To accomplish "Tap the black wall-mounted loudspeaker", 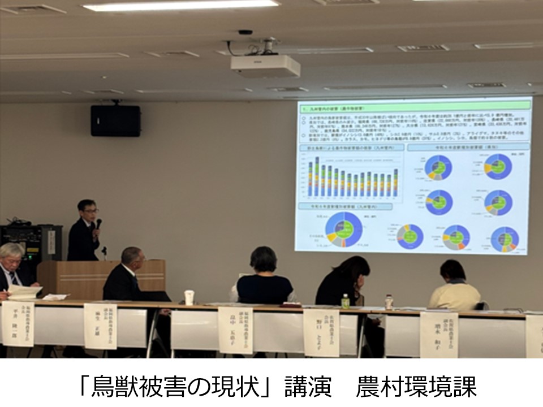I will pyautogui.click(x=115, y=120).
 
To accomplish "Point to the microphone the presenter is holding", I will pyautogui.click(x=98, y=224).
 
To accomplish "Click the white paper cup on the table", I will pyautogui.click(x=189, y=297).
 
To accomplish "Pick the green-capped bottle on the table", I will pyautogui.click(x=345, y=301).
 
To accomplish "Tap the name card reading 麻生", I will pyautogui.click(x=100, y=326).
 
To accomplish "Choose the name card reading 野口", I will pyautogui.click(x=321, y=332).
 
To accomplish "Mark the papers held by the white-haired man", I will pyautogui.click(x=24, y=292).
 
